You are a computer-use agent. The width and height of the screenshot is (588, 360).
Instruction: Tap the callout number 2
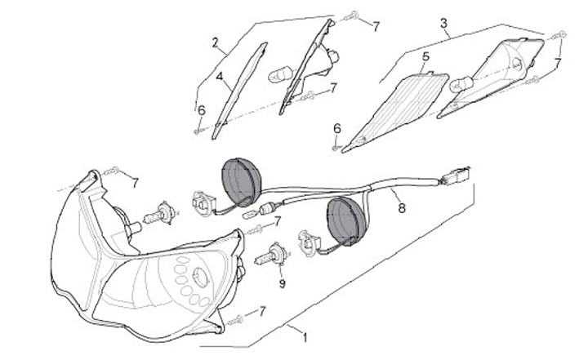[215, 42]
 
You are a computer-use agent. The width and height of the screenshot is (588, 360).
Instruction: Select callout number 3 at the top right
[443, 24]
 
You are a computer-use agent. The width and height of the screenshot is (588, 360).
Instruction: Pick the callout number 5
[425, 57]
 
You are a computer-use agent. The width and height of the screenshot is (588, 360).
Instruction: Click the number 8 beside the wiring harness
[401, 208]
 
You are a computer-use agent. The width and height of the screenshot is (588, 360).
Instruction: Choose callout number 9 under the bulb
[282, 284]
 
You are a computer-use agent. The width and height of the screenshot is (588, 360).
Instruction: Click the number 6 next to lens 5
[336, 128]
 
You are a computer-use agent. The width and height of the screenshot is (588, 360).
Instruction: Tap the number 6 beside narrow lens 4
[201, 109]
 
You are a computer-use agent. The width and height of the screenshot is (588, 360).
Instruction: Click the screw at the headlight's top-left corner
[112, 171]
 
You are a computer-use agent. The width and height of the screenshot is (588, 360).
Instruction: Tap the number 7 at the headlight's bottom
[263, 311]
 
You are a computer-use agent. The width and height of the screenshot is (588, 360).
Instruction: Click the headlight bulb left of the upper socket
[158, 216]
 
